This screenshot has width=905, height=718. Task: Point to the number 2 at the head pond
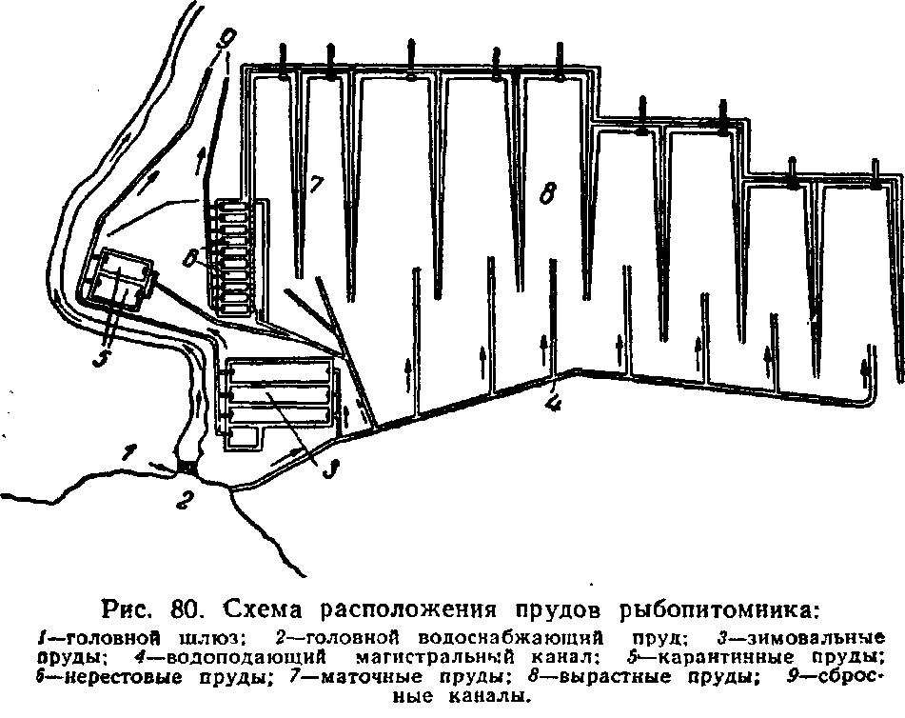click(183, 500)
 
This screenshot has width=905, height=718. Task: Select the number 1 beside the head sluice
click(129, 451)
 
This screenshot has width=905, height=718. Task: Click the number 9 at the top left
click(226, 39)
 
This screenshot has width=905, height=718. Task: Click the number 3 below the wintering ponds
click(329, 469)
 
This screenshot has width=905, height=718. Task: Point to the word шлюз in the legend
click(210, 638)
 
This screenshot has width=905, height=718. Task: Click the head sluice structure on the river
click(186, 466)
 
